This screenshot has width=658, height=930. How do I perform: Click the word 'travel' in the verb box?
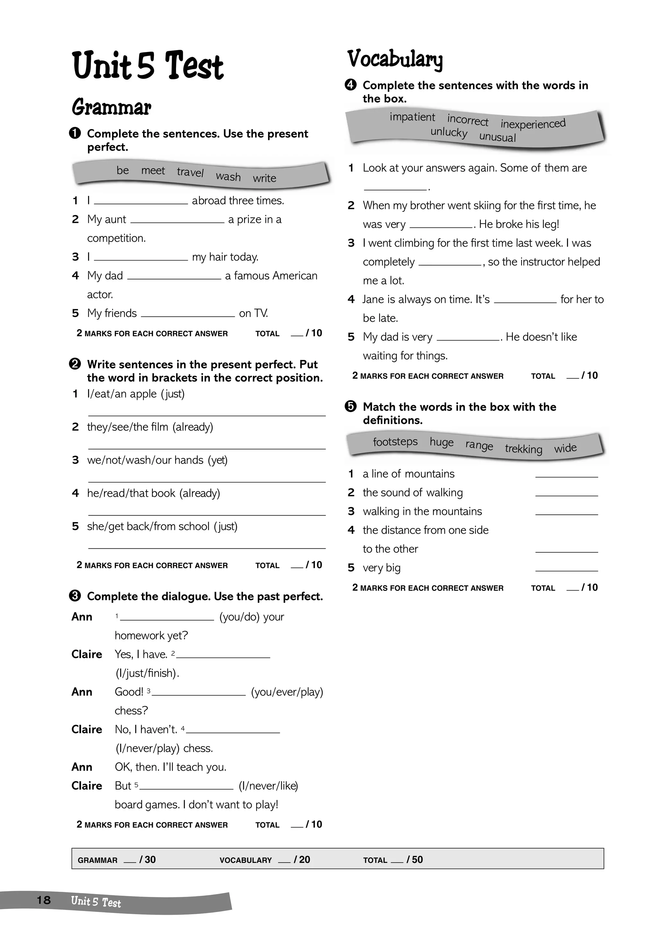[x=190, y=172]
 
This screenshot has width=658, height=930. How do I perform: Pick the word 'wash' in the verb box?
[x=228, y=177]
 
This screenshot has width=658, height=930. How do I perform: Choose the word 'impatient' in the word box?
[x=412, y=117]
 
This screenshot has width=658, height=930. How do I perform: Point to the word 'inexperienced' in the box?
[x=533, y=123]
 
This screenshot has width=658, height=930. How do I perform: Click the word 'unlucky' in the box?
[x=449, y=132]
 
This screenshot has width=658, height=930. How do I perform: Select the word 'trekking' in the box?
[x=523, y=449]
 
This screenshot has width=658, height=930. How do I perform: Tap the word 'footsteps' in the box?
[x=395, y=442]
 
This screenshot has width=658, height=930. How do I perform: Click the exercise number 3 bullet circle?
[x=75, y=596]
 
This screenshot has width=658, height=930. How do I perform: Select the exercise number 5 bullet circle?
[x=351, y=407]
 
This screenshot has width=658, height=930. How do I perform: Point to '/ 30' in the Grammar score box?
[x=147, y=860]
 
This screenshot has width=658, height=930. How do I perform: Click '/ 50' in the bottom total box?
[x=414, y=860]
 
